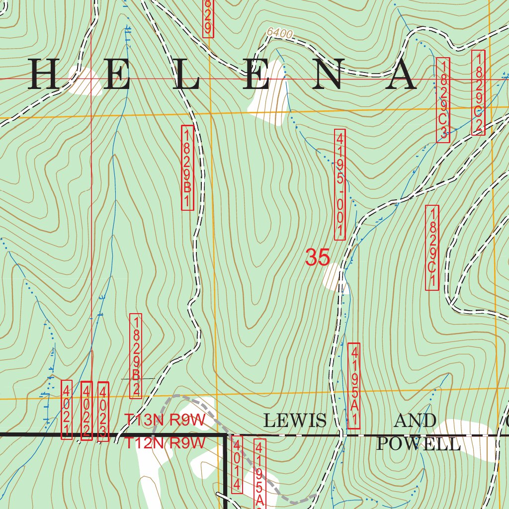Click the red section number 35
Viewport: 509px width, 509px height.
pos(317,258)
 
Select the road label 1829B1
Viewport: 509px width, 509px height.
pos(187,168)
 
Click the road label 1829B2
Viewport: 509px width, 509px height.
pos(136,355)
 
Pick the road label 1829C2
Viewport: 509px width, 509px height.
pos(478,92)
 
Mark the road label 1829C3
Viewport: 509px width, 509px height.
pos(443,100)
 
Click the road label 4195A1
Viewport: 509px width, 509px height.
pos(354,385)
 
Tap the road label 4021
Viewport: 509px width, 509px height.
pos(67,410)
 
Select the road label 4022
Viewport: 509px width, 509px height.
pos(86,411)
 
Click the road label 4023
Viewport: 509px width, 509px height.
pos(103,412)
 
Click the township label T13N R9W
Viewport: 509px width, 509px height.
pos(165,420)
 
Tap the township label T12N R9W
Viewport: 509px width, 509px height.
pos(165,443)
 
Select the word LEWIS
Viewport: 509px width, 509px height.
pos(295,421)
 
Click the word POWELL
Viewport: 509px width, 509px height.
pos(419,443)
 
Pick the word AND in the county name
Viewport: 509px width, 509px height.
pos(415,421)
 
